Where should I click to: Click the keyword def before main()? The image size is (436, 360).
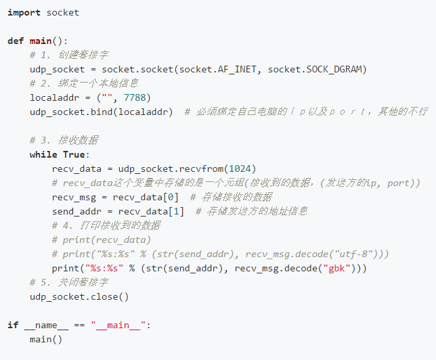tap(16, 41)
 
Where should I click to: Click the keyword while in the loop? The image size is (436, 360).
tap(43, 154)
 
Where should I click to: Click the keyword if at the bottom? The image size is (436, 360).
tap(13, 325)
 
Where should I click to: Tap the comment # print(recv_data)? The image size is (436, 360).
tap(102, 240)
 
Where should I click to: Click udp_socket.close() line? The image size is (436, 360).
tap(79, 296)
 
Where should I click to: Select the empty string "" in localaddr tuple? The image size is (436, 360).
tap(108, 97)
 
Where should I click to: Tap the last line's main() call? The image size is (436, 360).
tap(46, 339)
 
